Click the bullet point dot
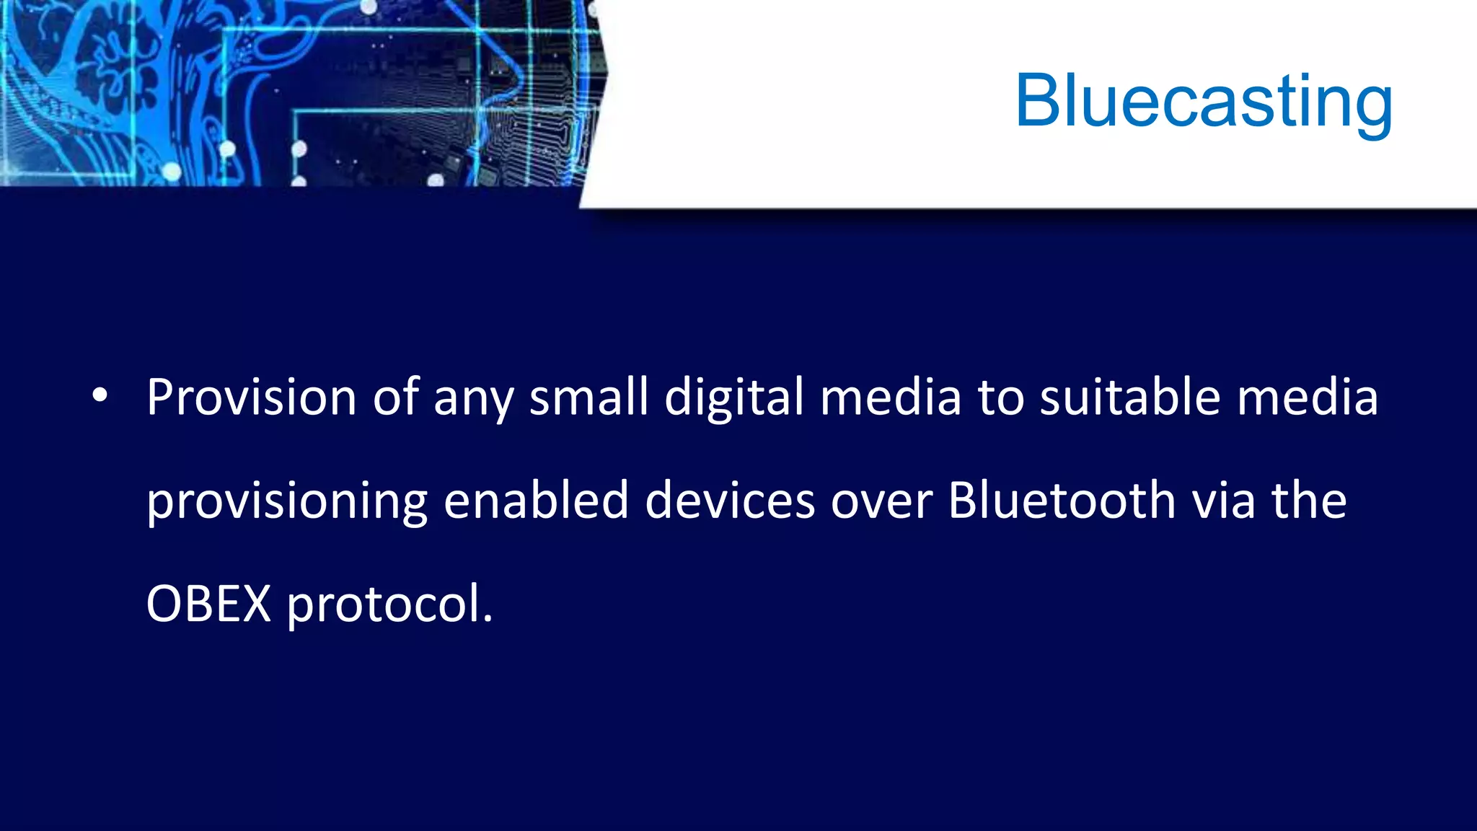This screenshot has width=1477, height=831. tap(100, 395)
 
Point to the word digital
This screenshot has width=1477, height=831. tap(733, 398)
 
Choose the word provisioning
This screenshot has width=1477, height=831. tap(287, 501)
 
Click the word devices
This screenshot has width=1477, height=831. tap(730, 500)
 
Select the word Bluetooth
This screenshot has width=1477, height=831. tap(1062, 500)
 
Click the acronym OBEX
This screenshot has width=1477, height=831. tap(208, 604)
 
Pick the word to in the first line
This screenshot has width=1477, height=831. tap(1001, 398)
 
